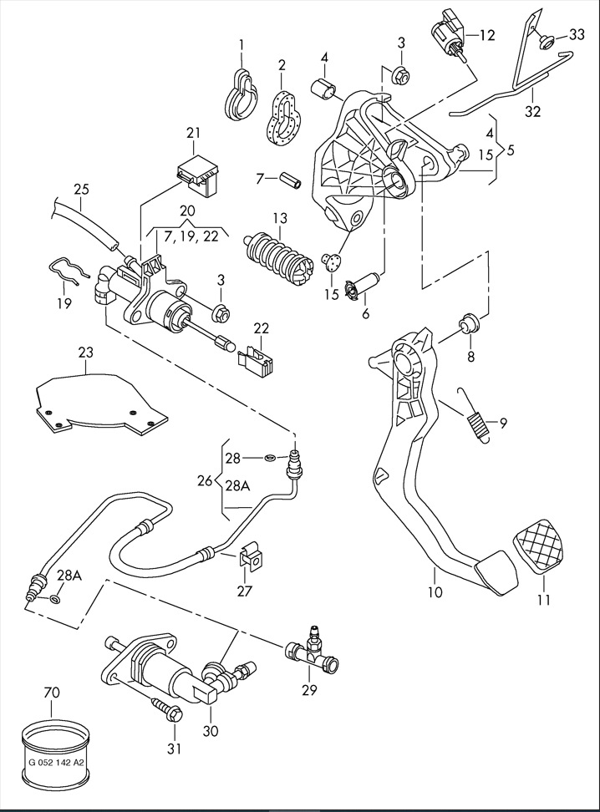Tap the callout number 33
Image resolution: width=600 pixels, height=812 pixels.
577,34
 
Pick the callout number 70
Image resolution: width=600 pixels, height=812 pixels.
52,693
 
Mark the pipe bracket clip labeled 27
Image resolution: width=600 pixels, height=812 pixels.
249,559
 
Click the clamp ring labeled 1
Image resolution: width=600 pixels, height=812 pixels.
241,94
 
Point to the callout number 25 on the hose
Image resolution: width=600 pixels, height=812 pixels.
80,190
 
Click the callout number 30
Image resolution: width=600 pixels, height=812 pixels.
210,731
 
